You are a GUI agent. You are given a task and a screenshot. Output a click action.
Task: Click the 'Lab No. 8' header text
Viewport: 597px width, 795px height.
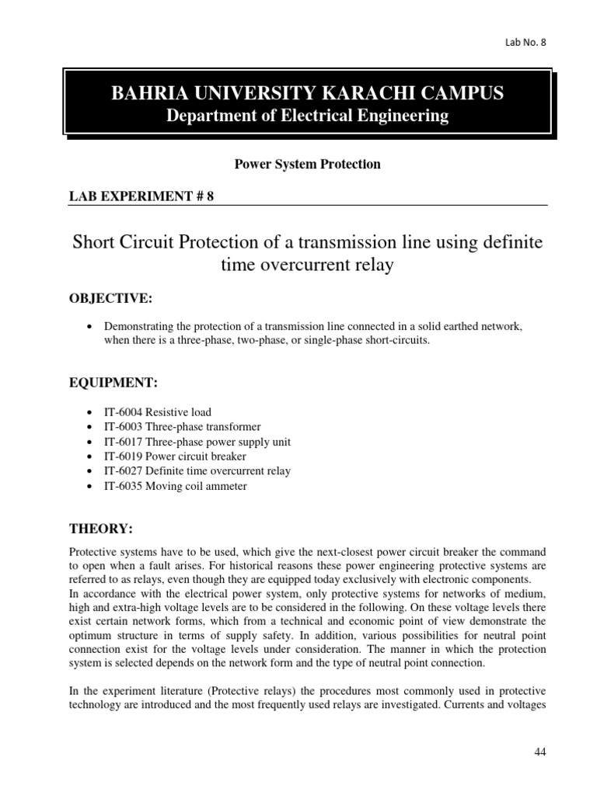click(525, 42)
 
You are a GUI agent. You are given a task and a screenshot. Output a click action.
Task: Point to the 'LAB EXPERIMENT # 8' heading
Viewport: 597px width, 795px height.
click(141, 196)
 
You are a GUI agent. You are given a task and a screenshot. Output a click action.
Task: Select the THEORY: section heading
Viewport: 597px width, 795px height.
click(101, 529)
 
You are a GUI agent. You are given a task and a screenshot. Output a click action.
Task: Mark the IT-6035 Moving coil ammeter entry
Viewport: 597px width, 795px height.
click(176, 486)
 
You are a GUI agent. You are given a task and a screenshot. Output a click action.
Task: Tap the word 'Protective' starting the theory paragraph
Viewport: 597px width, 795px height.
click(93, 550)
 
